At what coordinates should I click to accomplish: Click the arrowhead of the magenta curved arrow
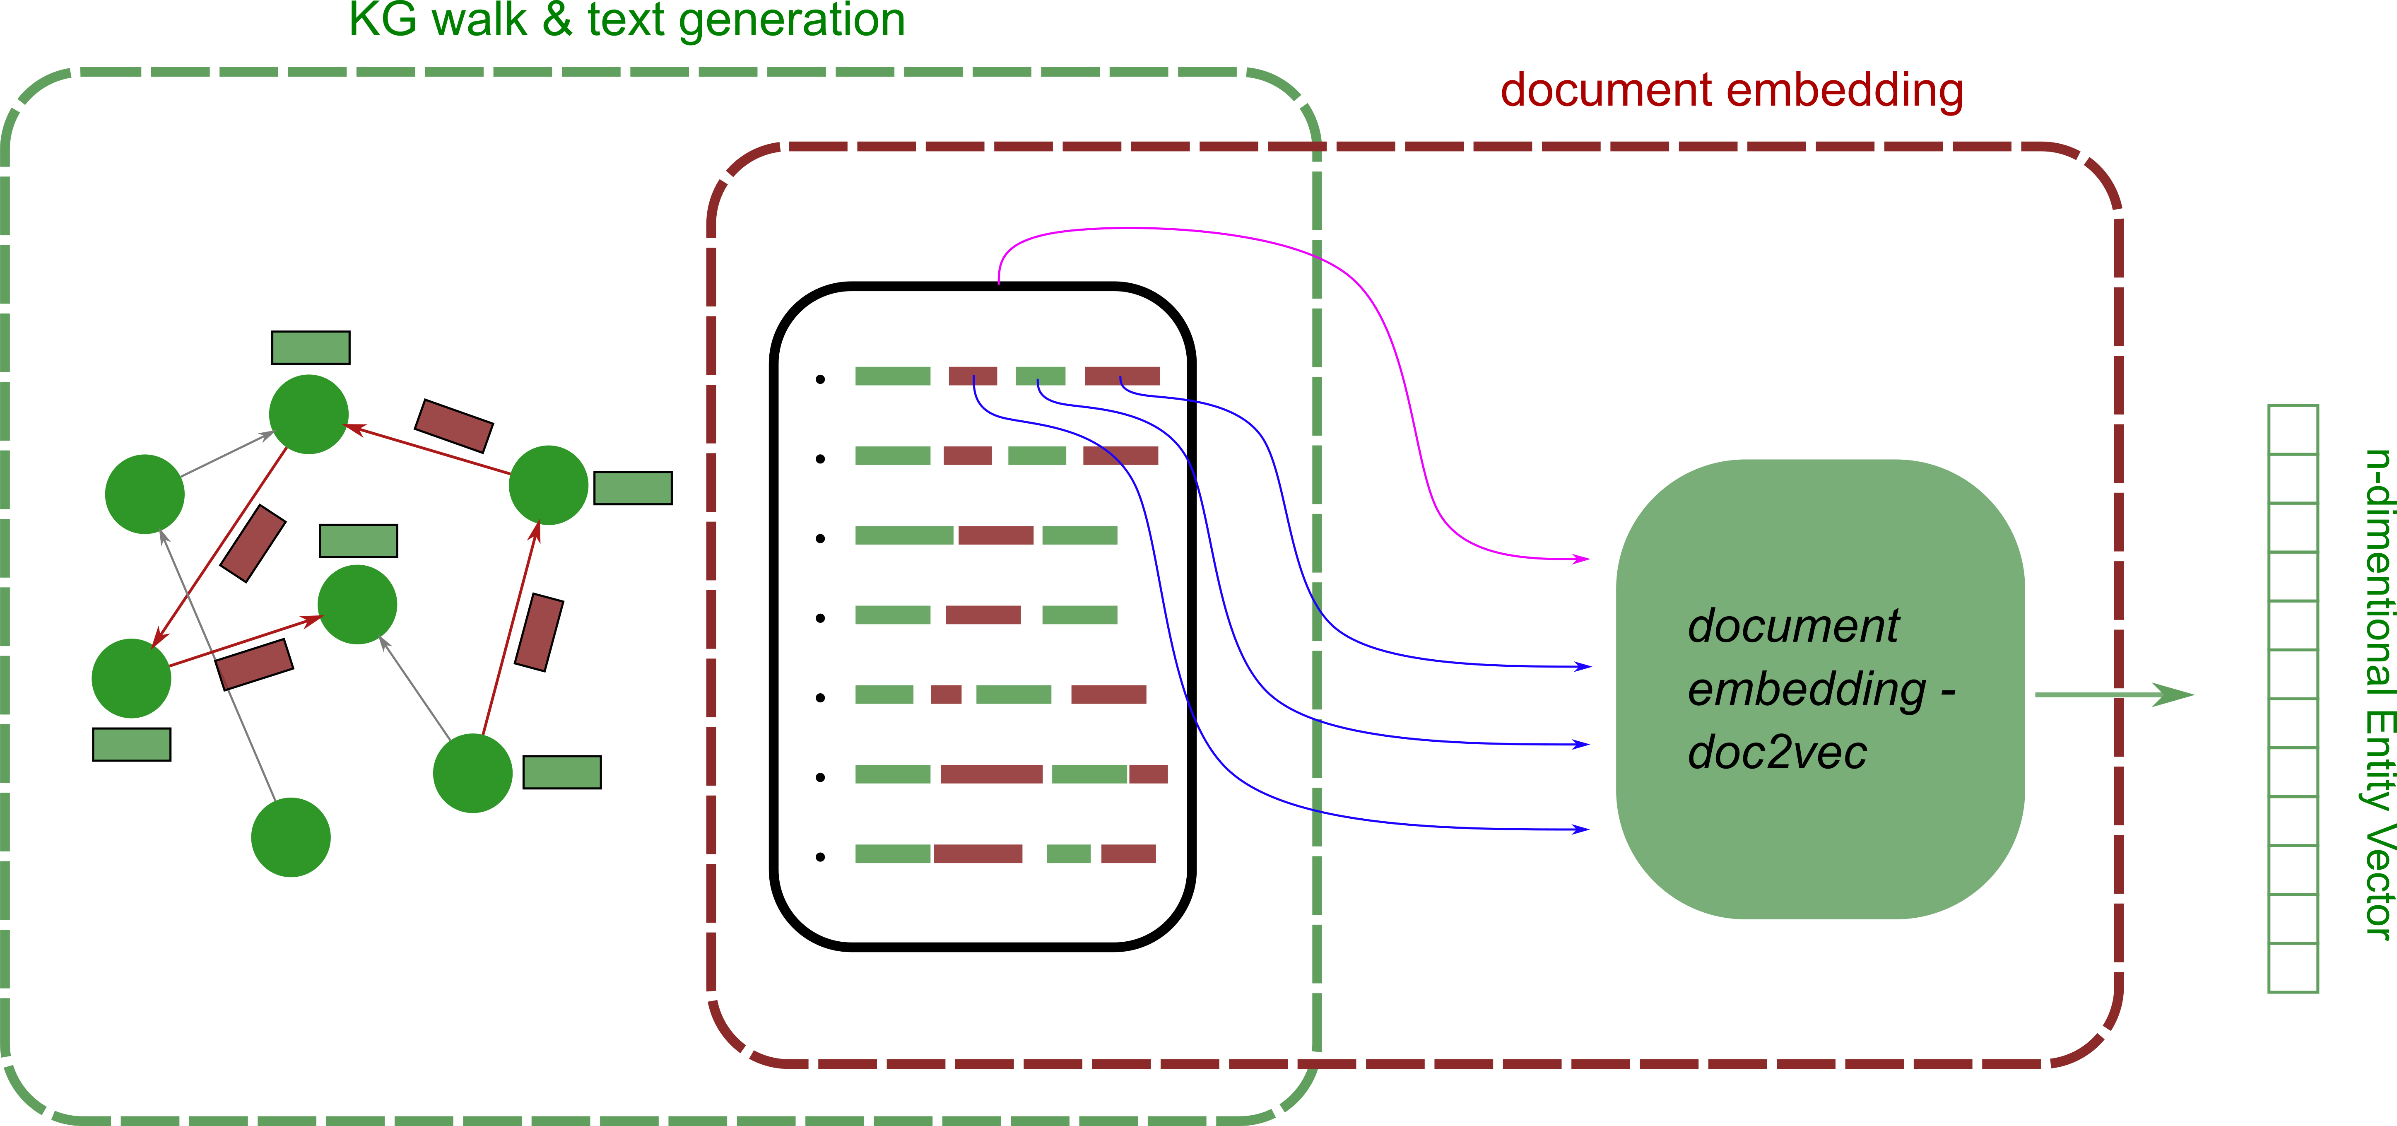point(1582,559)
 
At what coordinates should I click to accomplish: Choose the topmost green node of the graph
point(309,414)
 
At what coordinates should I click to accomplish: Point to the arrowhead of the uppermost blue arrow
point(1584,666)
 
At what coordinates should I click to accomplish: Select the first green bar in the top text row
point(892,376)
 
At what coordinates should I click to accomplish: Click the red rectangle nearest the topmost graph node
point(453,425)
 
